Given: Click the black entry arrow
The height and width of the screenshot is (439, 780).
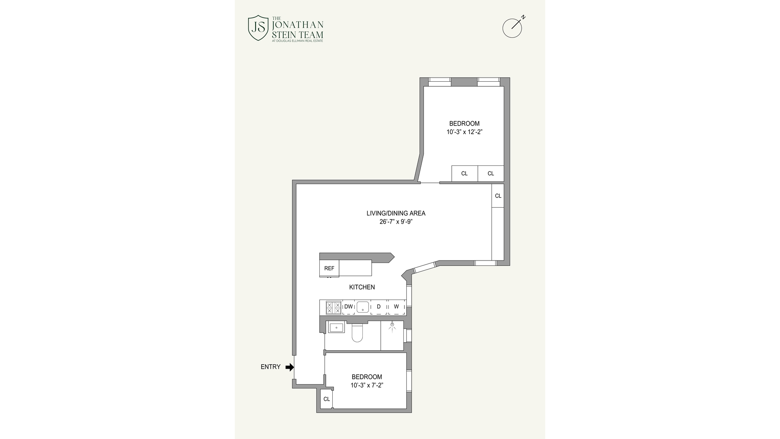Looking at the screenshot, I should click(x=290, y=367).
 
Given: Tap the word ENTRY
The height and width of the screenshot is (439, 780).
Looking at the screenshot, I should click(x=271, y=367).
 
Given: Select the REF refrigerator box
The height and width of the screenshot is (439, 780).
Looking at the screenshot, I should click(x=329, y=268).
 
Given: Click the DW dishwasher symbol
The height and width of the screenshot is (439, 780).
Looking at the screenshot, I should click(x=349, y=307).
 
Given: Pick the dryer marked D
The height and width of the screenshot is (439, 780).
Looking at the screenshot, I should click(x=379, y=307).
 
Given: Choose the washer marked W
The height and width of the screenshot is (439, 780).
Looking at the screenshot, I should click(x=396, y=307).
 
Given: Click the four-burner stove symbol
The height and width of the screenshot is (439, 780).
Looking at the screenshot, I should click(x=334, y=308).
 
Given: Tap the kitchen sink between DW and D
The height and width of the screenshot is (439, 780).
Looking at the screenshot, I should click(x=363, y=307).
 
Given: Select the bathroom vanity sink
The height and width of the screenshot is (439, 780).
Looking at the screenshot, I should click(x=336, y=327).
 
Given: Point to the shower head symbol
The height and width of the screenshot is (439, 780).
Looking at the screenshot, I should click(x=392, y=325).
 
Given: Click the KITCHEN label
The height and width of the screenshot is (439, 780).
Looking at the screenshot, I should click(x=362, y=287).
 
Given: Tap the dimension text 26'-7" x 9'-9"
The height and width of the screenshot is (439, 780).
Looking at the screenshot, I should click(x=396, y=222).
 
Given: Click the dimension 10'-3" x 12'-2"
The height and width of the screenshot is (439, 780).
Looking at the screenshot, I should click(x=464, y=132).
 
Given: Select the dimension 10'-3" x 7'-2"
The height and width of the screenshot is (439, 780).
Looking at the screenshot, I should click(x=367, y=385).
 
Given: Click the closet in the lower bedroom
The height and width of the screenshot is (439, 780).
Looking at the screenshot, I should click(x=327, y=399).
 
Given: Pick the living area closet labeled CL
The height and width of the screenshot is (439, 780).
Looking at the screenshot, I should click(x=498, y=196).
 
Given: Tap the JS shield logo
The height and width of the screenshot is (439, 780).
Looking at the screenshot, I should click(x=258, y=28).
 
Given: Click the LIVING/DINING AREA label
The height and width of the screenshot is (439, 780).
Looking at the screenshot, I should click(x=396, y=213).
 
